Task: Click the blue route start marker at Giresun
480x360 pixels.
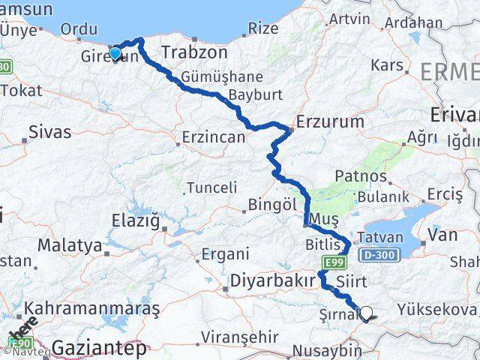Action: [115, 52]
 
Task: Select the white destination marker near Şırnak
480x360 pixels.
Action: [367, 313]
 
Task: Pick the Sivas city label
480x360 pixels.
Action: [49, 132]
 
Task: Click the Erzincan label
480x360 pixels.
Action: [214, 137]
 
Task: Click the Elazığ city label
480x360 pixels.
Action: [135, 222]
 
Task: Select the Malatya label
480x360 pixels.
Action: [70, 244]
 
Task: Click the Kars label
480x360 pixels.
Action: [387, 65]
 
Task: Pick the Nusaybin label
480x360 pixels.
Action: [327, 350]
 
